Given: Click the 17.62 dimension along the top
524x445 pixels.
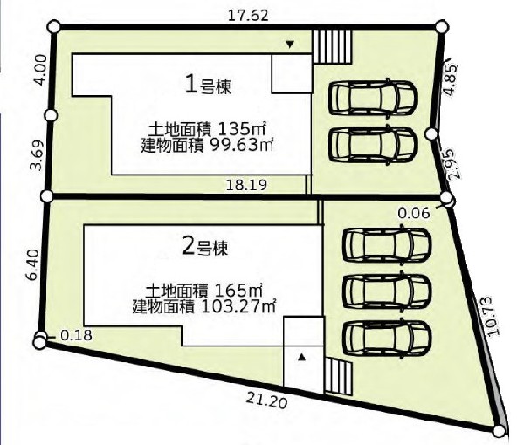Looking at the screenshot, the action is click(x=248, y=16).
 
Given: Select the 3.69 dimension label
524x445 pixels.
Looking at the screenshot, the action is click(x=37, y=155).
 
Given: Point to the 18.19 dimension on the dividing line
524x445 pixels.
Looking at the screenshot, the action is click(x=246, y=185).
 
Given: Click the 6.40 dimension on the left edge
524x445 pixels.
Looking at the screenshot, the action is click(x=34, y=265).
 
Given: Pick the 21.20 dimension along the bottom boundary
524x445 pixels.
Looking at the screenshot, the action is click(x=266, y=400).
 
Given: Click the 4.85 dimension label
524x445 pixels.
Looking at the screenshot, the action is click(x=450, y=80).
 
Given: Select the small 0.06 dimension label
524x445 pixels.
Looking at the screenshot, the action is click(x=414, y=213).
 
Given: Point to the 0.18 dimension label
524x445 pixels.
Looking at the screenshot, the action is click(x=76, y=335).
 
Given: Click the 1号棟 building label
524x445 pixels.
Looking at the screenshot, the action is click(x=208, y=86).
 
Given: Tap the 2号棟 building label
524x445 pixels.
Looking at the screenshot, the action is click(x=205, y=248).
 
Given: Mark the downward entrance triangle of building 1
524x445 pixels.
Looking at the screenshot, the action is click(x=290, y=44).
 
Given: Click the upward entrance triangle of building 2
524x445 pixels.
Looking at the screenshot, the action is click(x=301, y=358).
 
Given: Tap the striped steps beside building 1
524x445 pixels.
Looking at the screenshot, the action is click(x=332, y=46).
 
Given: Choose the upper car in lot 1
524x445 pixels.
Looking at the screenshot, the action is click(x=373, y=99).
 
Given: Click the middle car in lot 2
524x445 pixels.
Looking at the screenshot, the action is click(x=387, y=291).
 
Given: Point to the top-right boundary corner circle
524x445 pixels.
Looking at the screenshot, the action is click(x=441, y=26).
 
